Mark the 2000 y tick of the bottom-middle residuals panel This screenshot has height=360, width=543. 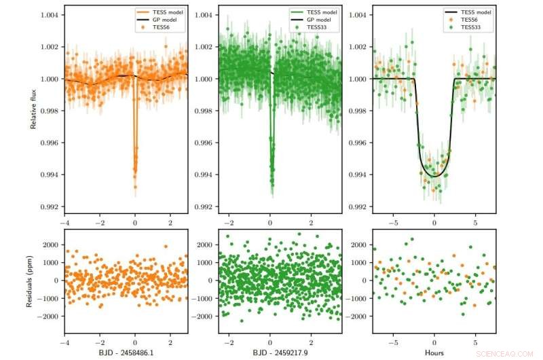pyautogui.click(x=204, y=245)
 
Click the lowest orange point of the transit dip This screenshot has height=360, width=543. pyautogui.click(x=135, y=186)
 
